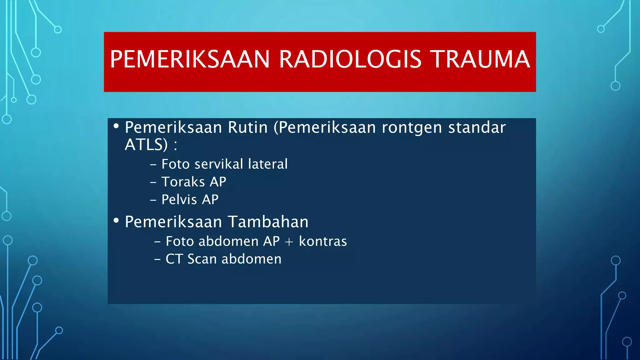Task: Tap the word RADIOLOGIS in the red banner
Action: (x=350, y=59)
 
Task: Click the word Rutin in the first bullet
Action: (x=247, y=127)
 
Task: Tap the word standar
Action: (x=477, y=127)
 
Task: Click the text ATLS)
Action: (x=146, y=145)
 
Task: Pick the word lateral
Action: (x=267, y=164)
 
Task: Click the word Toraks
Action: (x=183, y=182)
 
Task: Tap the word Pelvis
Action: (x=179, y=200)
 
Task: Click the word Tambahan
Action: (x=268, y=222)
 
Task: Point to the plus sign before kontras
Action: (x=289, y=242)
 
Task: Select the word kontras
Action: (x=323, y=242)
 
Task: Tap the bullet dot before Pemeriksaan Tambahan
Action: (x=116, y=221)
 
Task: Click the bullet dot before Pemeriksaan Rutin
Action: (x=116, y=126)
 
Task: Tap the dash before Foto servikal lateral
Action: (x=153, y=164)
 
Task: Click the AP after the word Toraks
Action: (x=218, y=182)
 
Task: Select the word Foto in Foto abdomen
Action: (x=179, y=242)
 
